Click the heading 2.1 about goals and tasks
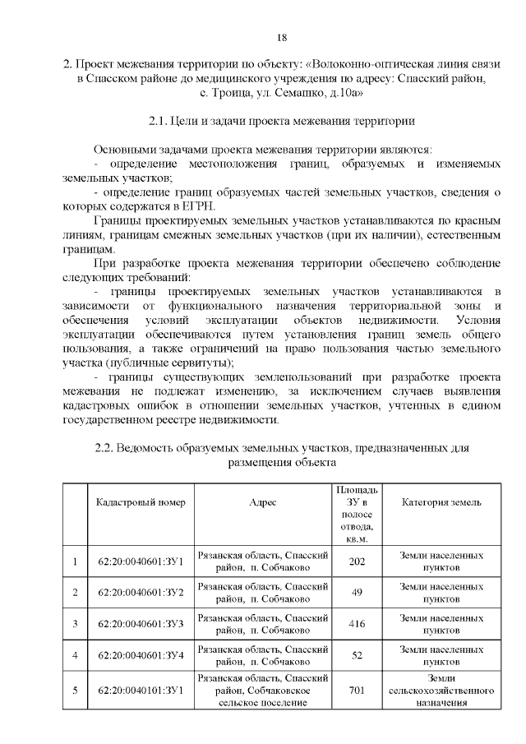[x=281, y=121]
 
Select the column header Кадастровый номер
[x=141, y=502]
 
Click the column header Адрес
[x=263, y=502]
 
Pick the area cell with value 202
[x=357, y=561]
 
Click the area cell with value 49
[x=357, y=593]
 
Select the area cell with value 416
[x=357, y=624]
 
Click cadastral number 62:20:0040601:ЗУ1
[x=141, y=561]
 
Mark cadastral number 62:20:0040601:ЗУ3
[x=141, y=624]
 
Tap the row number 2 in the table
[x=75, y=593]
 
